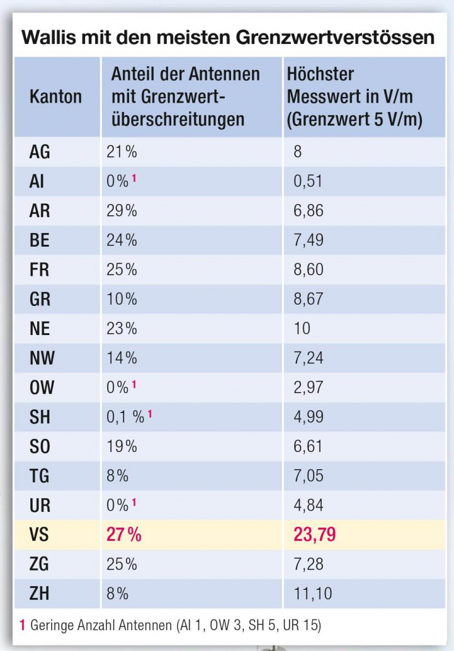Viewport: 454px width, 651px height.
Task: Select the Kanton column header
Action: (x=56, y=97)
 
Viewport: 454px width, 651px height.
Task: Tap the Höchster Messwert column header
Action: (x=354, y=97)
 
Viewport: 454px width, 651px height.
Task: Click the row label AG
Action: (x=40, y=152)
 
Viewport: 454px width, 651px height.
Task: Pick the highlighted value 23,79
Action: (x=314, y=535)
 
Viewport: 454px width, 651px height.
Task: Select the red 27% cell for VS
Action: (x=124, y=535)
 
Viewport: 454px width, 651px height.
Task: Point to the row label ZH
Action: (x=40, y=594)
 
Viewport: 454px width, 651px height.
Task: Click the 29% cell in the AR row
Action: (x=121, y=211)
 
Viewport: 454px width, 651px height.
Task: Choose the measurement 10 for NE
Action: (x=302, y=328)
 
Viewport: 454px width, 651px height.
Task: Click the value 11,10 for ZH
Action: (x=313, y=594)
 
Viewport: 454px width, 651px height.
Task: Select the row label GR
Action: (x=40, y=299)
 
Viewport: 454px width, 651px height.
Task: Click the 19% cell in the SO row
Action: (x=121, y=446)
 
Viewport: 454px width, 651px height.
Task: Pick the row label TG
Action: (x=40, y=476)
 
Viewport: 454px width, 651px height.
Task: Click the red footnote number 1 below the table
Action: (x=22, y=626)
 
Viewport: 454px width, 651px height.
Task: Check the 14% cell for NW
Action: (x=121, y=358)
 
